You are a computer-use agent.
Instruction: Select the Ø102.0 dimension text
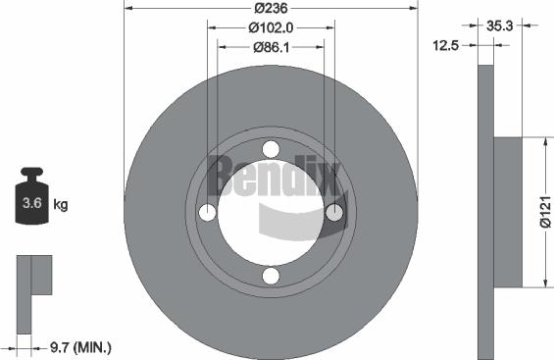click(x=271, y=28)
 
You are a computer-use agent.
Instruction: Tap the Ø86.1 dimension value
click(x=271, y=48)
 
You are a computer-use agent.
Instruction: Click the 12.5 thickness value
click(x=450, y=45)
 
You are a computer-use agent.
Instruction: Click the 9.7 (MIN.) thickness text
click(x=81, y=347)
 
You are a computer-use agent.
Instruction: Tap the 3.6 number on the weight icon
click(x=31, y=205)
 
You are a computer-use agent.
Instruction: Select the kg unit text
click(x=61, y=205)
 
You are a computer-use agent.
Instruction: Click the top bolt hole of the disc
click(x=271, y=149)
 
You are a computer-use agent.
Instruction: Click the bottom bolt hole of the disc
click(x=271, y=277)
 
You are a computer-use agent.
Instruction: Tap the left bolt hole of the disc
click(x=207, y=213)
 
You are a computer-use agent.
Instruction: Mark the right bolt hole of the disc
click(x=334, y=213)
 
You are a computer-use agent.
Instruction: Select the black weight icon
click(x=31, y=199)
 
